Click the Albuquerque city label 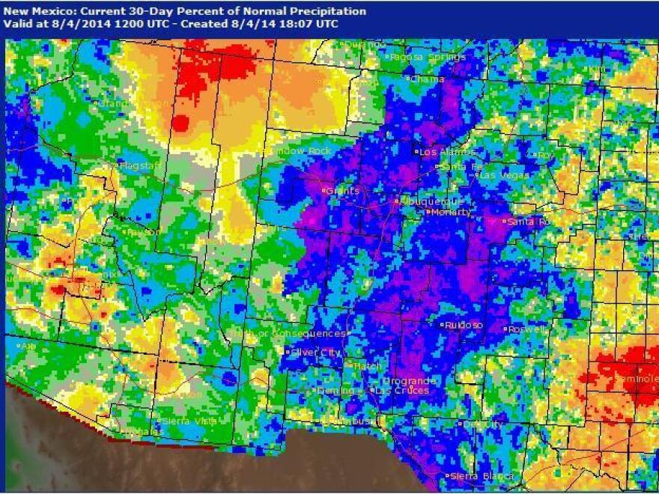click(433, 201)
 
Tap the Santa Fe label click(458, 166)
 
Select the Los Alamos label click(439, 151)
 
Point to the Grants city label click(343, 191)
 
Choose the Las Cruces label click(402, 390)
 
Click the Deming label click(335, 390)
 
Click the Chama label click(428, 79)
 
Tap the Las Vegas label click(504, 175)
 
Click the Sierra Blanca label click(482, 476)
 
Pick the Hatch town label click(368, 366)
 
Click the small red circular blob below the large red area click(180, 122)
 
